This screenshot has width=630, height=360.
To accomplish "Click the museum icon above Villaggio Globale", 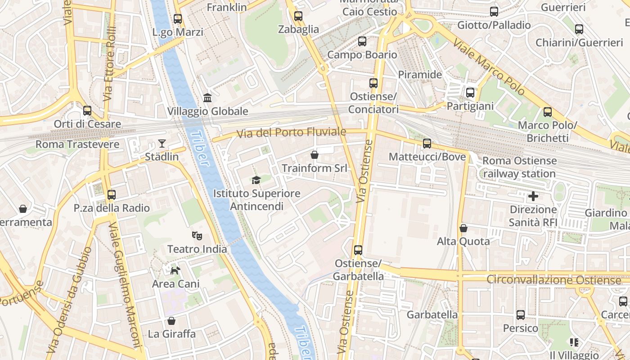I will point(207,98).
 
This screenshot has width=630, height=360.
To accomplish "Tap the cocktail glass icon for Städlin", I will point(162,144).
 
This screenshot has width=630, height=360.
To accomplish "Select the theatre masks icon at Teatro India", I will point(197,235).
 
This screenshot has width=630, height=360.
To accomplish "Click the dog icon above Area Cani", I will point(175,270).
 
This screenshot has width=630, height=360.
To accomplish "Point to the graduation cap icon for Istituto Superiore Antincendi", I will point(256,180).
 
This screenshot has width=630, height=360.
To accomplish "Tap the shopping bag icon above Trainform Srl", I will point(315,155).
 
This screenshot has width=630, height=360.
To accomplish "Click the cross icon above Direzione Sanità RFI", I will point(533,196).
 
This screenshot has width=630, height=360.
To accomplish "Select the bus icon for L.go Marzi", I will point(178,19).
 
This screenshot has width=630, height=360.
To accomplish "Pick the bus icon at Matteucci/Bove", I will point(427,144).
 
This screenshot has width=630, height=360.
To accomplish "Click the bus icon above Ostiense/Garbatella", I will point(358,250).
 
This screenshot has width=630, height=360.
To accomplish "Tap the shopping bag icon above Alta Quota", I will point(463,228).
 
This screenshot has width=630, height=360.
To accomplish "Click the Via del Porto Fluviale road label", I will point(291,132).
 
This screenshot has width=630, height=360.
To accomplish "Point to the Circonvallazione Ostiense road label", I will point(553,280).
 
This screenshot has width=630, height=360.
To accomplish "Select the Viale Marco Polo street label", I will point(489,67).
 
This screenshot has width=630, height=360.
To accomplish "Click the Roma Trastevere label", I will point(77,144).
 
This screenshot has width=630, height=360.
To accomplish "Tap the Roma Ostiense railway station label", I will point(519,167).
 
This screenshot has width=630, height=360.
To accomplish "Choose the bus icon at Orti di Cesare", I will point(87,110).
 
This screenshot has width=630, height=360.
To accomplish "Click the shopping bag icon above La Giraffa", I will point(171,321).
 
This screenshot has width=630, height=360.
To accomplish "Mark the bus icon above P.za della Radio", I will point(112,195).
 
